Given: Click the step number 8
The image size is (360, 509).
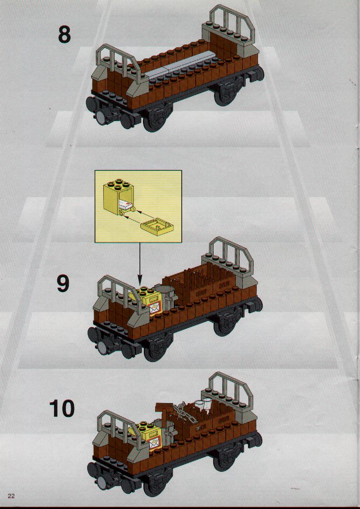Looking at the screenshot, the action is click(64, 35).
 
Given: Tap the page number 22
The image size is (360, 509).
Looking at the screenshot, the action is click(11, 495).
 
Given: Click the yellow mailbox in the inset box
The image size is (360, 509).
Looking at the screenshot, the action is click(117, 196).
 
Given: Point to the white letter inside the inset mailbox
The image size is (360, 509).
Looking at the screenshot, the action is click(125, 205).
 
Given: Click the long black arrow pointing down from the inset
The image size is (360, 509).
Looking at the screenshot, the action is click(140, 263).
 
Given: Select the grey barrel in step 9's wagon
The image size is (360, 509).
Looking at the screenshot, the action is click(166, 296).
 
